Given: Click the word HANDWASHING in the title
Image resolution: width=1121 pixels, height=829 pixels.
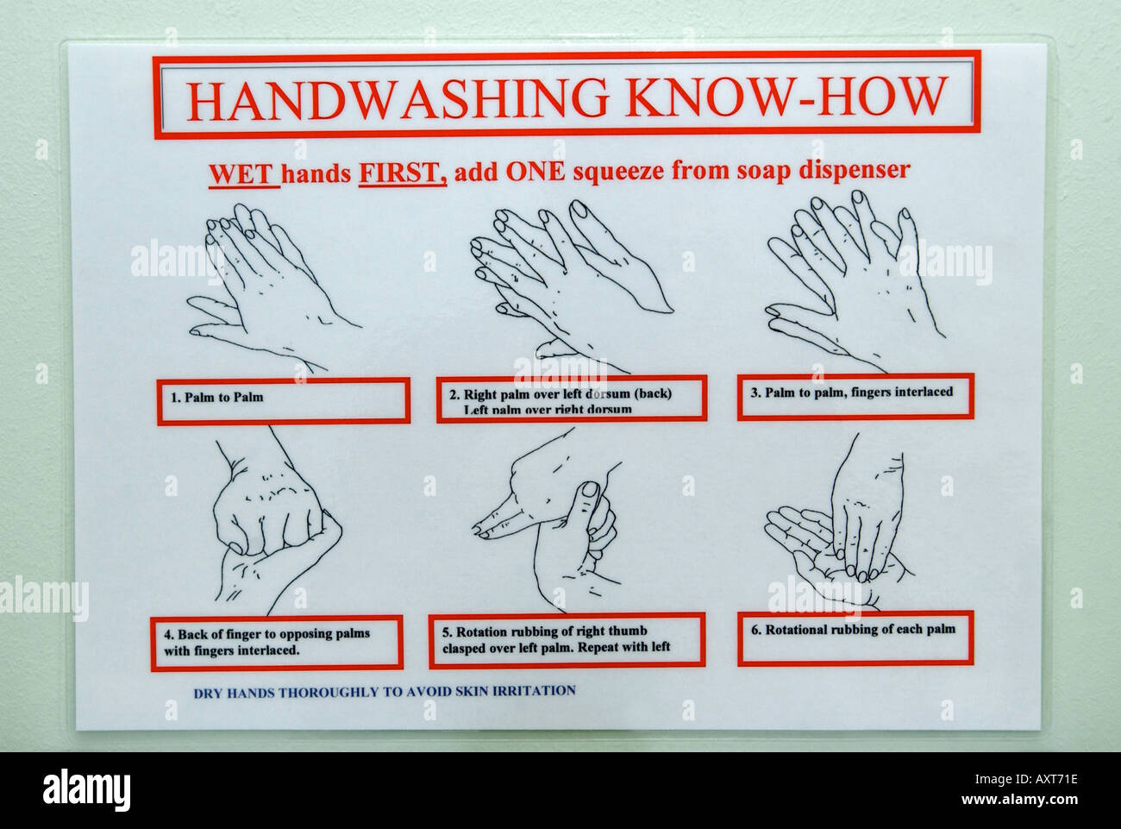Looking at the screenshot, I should [x=398, y=97].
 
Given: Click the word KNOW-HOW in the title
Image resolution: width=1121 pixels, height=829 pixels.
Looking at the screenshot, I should [x=786, y=97].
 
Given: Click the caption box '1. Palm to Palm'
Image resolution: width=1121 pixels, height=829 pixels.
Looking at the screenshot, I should [x=283, y=400].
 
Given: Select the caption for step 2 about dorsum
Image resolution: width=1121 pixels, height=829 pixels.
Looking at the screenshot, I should [x=571, y=399].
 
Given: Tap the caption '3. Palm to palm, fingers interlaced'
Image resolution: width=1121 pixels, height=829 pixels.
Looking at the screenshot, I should [x=855, y=395].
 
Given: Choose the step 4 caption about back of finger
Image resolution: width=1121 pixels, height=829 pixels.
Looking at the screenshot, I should [x=276, y=642].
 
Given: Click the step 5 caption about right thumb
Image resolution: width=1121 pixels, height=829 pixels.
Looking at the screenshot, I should [x=566, y=639].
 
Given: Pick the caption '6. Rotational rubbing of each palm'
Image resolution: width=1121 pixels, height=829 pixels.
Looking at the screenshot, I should [x=855, y=637].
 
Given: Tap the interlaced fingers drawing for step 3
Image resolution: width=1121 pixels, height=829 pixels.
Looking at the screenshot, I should [x=854, y=276].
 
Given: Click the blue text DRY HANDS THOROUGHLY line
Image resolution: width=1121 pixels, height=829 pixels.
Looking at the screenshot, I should [x=384, y=691].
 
